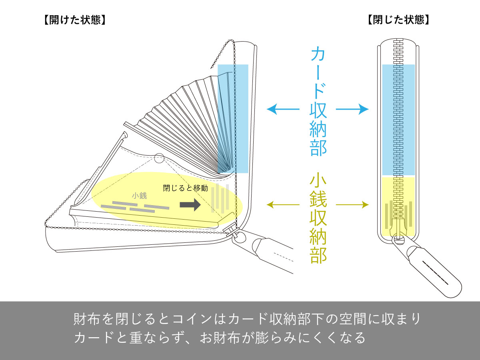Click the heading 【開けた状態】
click(75, 20)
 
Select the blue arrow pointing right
click(352, 109)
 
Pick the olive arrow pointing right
click(352, 205)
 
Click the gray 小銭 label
click(139, 196)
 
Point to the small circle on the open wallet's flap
click(159, 158)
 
